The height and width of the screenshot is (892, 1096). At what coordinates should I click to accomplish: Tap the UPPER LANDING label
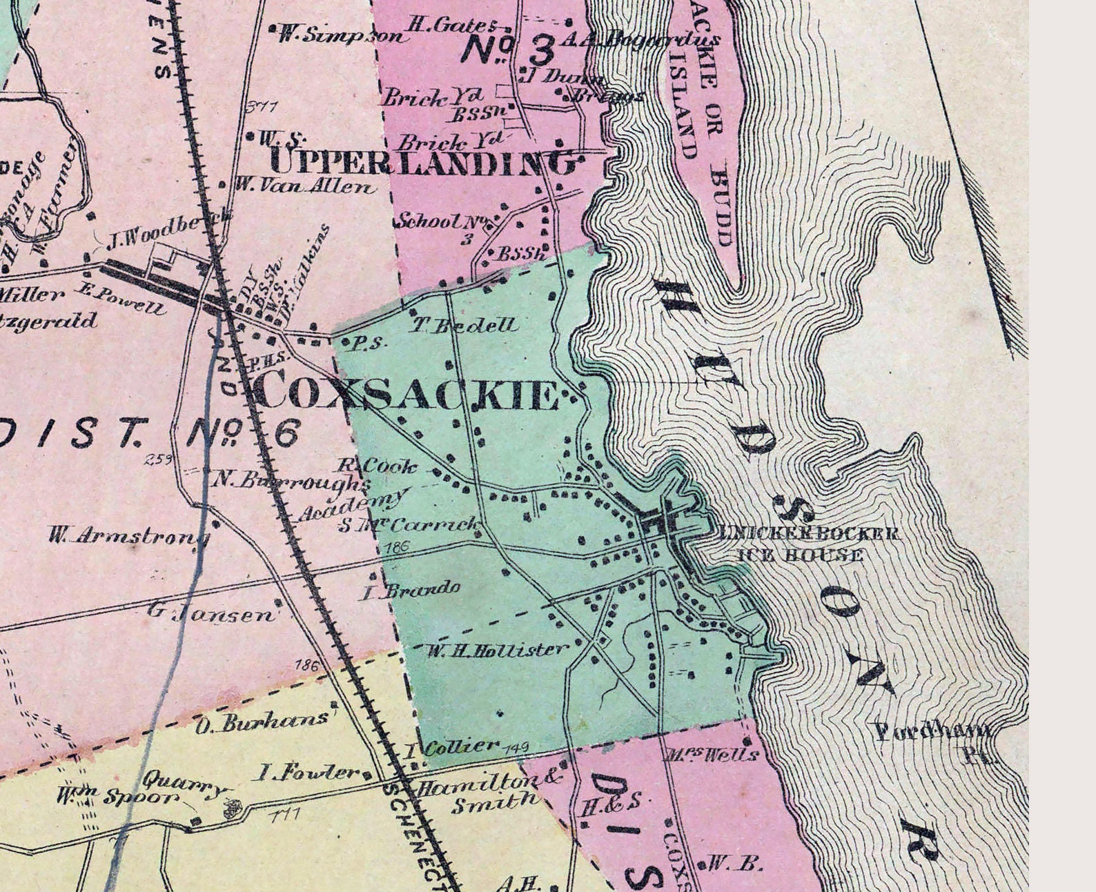(423, 163)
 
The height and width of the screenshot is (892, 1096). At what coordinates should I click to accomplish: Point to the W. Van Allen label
(306, 186)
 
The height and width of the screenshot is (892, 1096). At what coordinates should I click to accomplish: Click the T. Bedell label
(465, 326)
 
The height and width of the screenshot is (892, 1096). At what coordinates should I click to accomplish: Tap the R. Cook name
(378, 466)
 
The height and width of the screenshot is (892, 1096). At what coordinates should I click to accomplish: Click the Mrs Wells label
(713, 754)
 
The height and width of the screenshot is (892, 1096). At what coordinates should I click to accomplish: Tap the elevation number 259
(159, 459)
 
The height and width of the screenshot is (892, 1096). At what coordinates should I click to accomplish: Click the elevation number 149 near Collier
(517, 747)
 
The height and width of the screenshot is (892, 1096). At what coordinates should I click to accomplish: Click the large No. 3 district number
(508, 50)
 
